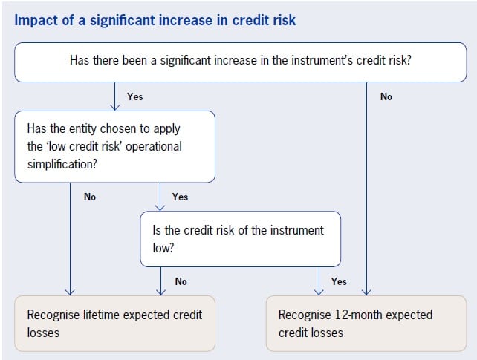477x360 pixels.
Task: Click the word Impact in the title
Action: click(36, 20)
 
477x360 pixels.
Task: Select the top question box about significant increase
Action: click(238, 61)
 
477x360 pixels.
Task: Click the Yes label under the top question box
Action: click(134, 96)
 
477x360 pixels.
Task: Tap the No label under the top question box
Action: click(386, 96)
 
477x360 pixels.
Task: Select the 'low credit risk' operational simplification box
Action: click(115, 146)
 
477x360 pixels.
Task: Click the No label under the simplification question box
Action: click(89, 197)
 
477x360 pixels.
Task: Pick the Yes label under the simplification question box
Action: click(180, 197)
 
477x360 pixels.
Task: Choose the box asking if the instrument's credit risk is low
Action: click(240, 238)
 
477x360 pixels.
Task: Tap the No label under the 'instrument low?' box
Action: click(181, 281)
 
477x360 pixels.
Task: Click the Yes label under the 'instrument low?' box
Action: click(339, 281)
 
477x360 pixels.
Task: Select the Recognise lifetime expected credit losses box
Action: click(115, 323)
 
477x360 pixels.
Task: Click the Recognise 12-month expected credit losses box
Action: click(366, 323)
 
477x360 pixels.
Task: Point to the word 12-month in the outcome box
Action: click(361, 315)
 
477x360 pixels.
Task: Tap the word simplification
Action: click(60, 163)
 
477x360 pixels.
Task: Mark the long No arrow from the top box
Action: click(368, 186)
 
